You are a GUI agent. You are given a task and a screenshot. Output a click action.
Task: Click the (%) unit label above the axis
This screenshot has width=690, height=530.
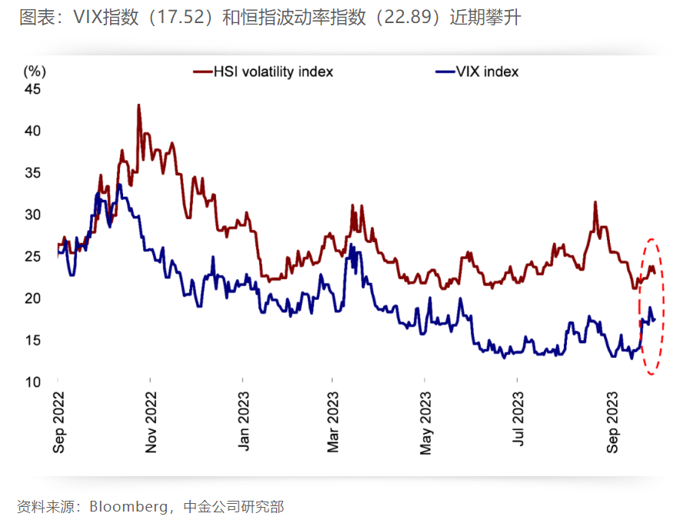click(x=35, y=72)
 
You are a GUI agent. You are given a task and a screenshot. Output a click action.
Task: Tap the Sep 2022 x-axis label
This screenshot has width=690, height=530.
click(x=59, y=422)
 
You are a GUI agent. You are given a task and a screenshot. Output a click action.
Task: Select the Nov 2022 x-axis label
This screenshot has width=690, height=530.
click(x=151, y=422)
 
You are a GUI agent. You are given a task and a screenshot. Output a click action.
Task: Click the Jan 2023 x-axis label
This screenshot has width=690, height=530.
click(x=243, y=422)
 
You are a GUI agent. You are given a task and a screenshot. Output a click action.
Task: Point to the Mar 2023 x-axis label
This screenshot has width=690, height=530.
click(x=333, y=422)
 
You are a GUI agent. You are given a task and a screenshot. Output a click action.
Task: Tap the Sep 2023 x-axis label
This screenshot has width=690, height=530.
click(x=612, y=422)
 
